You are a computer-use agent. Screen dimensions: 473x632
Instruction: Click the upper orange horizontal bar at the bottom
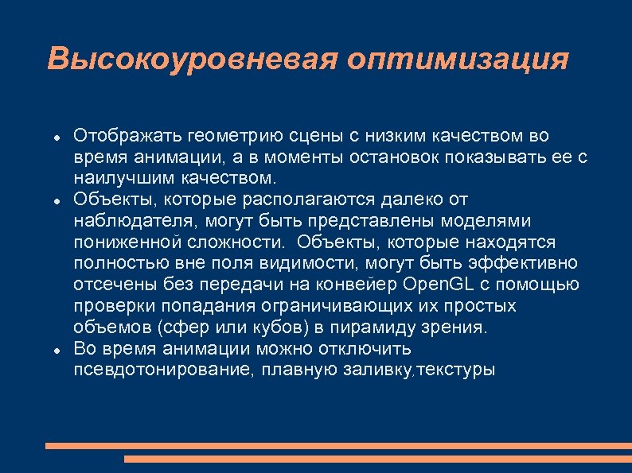coord(338,446)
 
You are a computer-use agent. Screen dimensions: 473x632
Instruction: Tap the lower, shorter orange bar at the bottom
coord(378,459)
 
